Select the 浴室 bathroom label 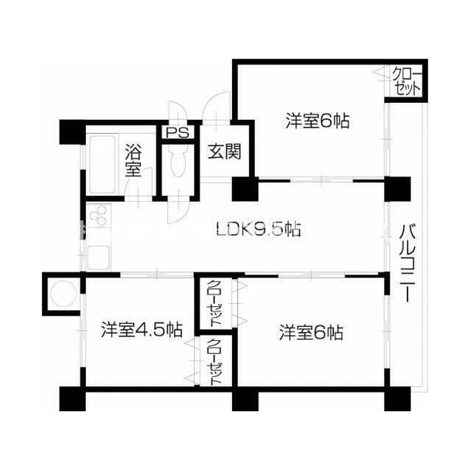[133, 161]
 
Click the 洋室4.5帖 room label [142, 330]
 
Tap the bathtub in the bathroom [101, 162]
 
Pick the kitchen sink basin [97, 257]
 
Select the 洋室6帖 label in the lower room [311, 333]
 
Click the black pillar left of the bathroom [72, 131]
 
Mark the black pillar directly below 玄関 [243, 189]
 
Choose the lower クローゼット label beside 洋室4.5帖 [216, 359]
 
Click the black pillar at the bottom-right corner [394, 399]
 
